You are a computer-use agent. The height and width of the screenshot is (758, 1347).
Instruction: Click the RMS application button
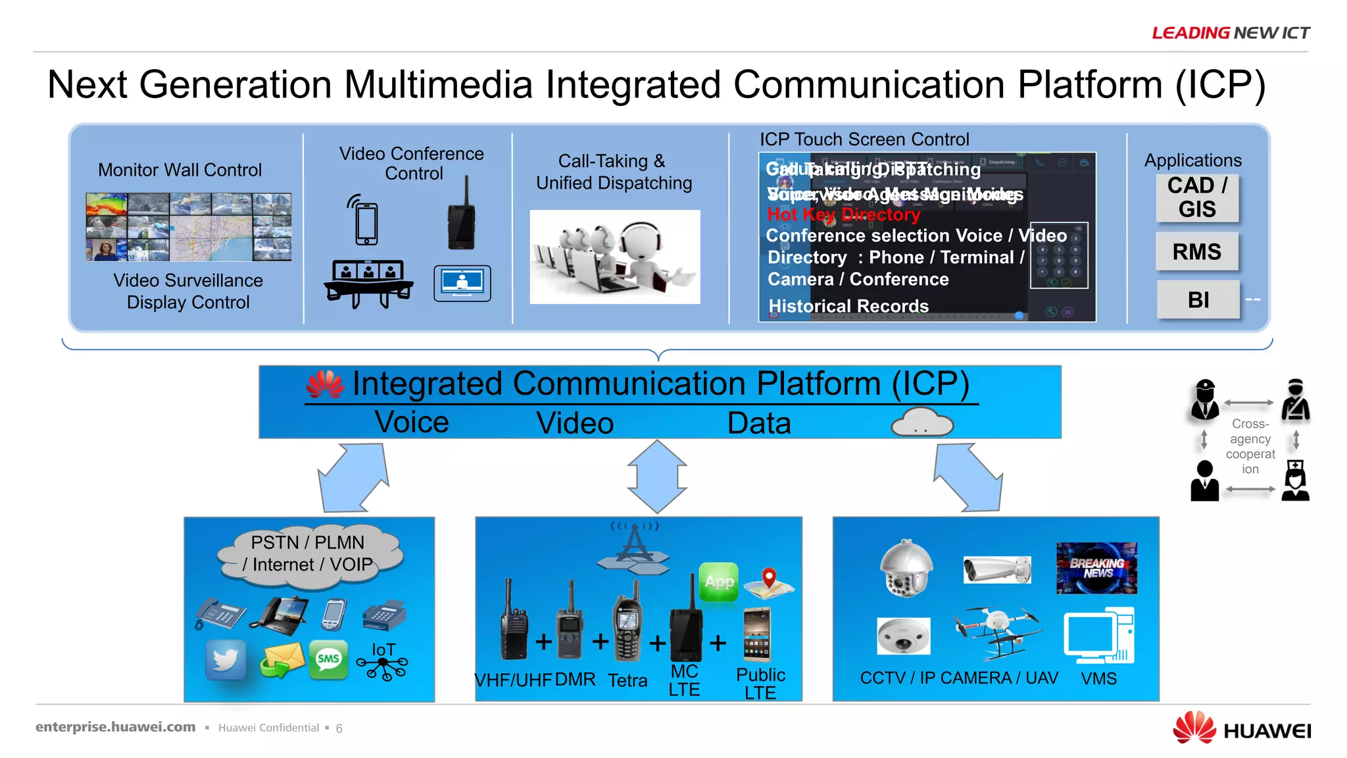pyautogui.click(x=1196, y=251)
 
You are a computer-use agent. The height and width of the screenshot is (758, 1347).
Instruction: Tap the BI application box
pyautogui.click(x=1198, y=299)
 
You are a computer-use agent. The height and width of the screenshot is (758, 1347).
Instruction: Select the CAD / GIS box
pyautogui.click(x=1196, y=197)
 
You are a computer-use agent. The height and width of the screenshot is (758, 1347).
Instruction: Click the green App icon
pyautogui.click(x=718, y=582)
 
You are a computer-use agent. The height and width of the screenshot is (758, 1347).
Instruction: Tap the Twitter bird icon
pyautogui.click(x=226, y=659)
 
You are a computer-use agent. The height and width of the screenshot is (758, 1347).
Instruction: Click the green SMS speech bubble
pyautogui.click(x=328, y=659)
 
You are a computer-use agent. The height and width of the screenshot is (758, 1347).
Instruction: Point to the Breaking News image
pyautogui.click(x=1096, y=568)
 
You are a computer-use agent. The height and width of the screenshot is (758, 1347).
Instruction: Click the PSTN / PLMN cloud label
pyautogui.click(x=308, y=553)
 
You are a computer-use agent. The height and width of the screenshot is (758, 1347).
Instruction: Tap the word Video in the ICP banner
pyautogui.click(x=574, y=423)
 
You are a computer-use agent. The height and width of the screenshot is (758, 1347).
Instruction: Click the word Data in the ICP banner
pyautogui.click(x=758, y=423)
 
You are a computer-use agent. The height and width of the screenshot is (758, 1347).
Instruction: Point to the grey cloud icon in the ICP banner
pyautogui.click(x=921, y=422)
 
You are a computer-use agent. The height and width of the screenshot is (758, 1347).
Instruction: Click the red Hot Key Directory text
pyautogui.click(x=843, y=215)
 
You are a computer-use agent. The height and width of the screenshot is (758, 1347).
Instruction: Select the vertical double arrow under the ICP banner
pyautogui.click(x=656, y=476)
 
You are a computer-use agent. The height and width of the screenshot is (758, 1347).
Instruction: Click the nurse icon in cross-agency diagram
pyautogui.click(x=1295, y=481)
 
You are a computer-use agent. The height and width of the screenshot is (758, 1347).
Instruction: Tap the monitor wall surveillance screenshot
pyautogui.click(x=189, y=227)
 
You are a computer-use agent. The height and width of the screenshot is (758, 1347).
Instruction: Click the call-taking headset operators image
pyautogui.click(x=614, y=257)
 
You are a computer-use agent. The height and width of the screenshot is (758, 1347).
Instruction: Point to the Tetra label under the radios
pyautogui.click(x=627, y=680)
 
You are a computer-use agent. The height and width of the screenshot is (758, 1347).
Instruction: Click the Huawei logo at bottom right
pyautogui.click(x=1241, y=729)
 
